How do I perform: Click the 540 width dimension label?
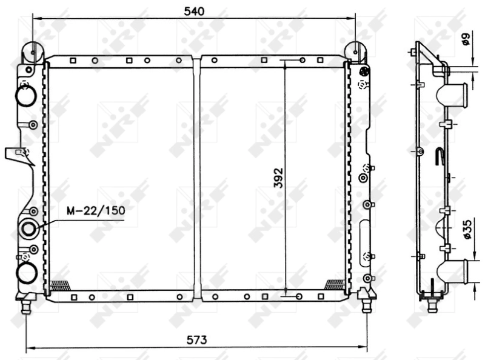coord(193,11)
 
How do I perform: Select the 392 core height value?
coord(278,176)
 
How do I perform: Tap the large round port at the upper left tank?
coord(25,96)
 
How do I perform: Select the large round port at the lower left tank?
coord(26,273)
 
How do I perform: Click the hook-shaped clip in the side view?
coord(441,156)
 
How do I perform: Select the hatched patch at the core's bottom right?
coord(335,284)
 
